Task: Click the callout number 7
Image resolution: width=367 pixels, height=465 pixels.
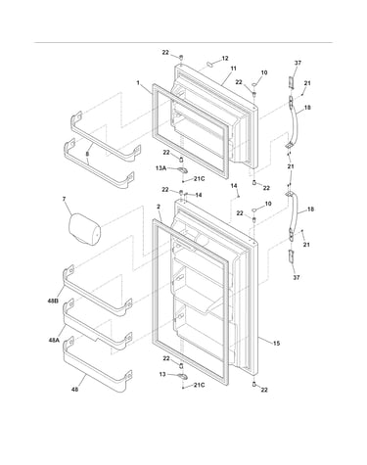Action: click(65, 199)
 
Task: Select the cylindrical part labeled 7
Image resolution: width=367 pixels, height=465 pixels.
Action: click(84, 228)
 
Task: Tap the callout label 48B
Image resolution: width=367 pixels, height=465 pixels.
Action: click(53, 301)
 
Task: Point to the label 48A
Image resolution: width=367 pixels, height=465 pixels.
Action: click(54, 340)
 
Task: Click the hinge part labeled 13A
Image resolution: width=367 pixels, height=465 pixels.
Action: click(182, 169)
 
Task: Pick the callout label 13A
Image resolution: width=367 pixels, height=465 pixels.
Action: click(161, 168)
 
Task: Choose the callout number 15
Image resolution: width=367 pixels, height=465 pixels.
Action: click(276, 343)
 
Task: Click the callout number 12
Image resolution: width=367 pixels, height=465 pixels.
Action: click(225, 59)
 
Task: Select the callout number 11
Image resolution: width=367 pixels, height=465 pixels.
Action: click(233, 69)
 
